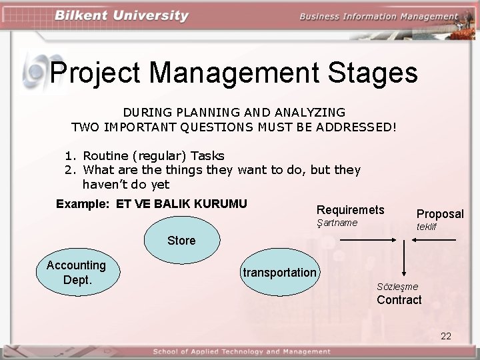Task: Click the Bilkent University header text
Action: coord(122,16)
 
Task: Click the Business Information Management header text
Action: coord(378,17)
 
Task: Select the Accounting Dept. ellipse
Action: coord(77,272)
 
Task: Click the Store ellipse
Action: coord(181,240)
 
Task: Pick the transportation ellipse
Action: coord(279,272)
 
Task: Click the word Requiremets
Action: coord(350,210)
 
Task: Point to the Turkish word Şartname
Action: coord(337,223)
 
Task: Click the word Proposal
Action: coord(440,214)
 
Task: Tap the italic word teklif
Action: coord(427,227)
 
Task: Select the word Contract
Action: coord(399,300)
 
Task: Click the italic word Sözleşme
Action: coord(397,287)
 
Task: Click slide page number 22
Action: coord(446,336)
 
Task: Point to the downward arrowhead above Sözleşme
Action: coord(403,273)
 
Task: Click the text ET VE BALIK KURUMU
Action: coord(181,204)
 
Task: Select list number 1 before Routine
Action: coord(69,156)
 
